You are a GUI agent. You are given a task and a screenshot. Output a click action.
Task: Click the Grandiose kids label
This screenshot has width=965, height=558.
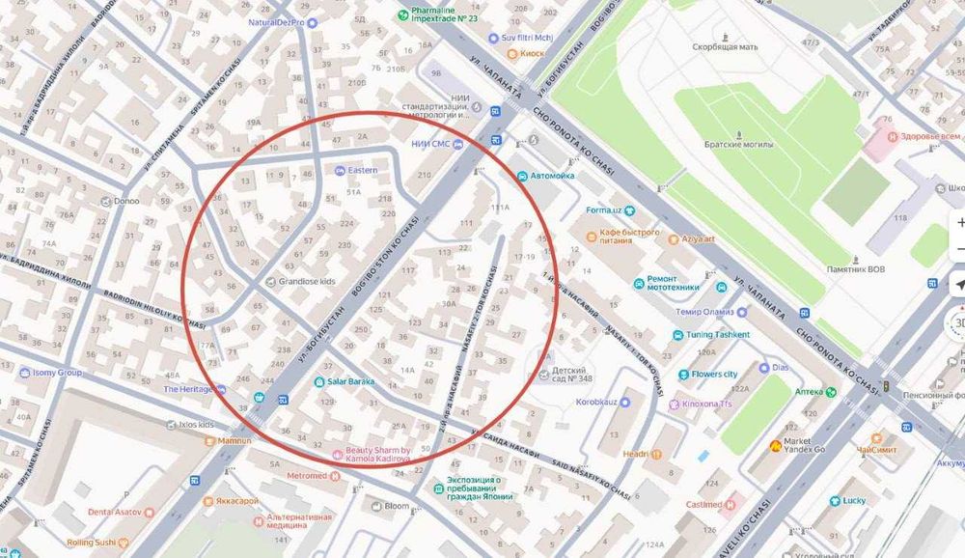tap(307, 282)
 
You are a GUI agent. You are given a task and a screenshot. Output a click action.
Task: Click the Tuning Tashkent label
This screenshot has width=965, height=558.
tap(718, 335)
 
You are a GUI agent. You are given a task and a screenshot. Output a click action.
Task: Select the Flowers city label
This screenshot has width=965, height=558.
tap(714, 374)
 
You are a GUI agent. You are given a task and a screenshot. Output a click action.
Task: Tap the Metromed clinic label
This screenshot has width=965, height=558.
tap(307, 476)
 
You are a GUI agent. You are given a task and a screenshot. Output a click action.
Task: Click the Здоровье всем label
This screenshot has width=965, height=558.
tap(924, 136)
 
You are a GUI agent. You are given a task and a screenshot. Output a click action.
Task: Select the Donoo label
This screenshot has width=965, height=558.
tap(125, 202)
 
